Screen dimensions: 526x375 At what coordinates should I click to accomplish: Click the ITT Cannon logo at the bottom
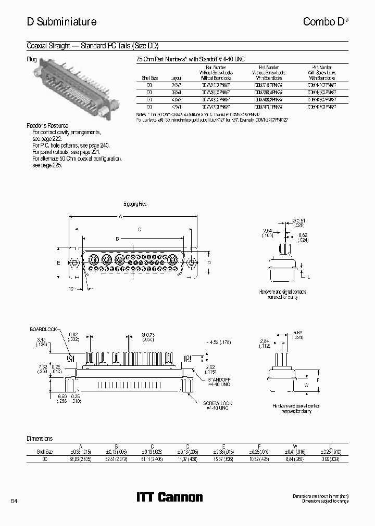click(x=169, y=497)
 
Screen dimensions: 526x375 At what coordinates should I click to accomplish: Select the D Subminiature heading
click(x=61, y=22)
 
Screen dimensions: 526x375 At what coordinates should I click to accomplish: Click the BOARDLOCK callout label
click(x=44, y=330)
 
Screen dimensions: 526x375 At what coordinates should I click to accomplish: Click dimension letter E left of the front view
click(x=58, y=263)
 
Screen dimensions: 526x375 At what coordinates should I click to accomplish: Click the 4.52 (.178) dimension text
click(x=218, y=342)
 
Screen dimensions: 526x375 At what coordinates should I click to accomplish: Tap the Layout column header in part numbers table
click(x=176, y=77)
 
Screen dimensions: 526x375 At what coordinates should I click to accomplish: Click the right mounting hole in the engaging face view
click(x=191, y=262)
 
